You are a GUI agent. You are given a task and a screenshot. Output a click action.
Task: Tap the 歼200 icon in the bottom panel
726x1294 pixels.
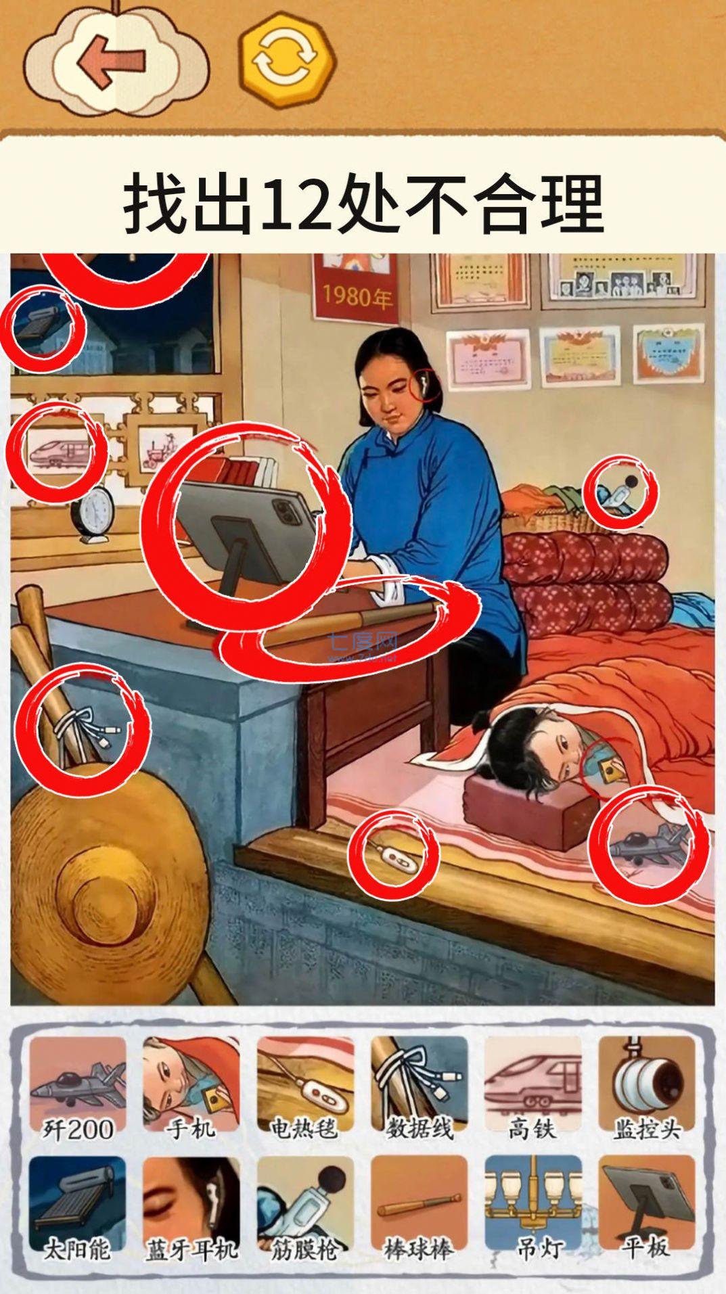[78, 1082]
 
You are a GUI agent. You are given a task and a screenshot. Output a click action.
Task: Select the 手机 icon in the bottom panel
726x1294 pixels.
[191, 1082]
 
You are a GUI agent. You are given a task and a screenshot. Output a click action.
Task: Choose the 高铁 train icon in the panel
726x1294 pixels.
[533, 1082]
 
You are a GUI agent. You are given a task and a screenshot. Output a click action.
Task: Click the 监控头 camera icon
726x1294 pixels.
[647, 1082]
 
